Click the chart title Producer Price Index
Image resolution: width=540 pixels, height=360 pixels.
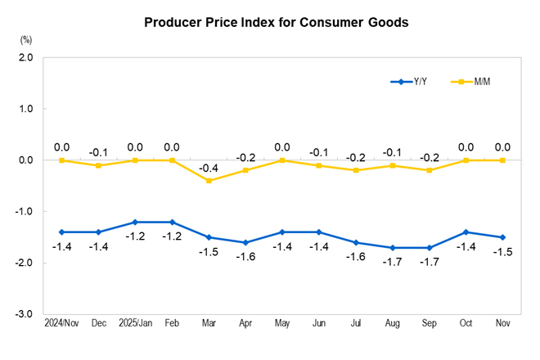coord(276,22)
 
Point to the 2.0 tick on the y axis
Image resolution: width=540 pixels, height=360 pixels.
coord(25,58)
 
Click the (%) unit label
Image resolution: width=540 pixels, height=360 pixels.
coord(26,39)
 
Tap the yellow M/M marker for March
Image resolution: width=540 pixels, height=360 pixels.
coord(209,181)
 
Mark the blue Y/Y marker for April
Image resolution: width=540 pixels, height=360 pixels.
coord(245,242)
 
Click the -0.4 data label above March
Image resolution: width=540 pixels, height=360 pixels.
coord(209,168)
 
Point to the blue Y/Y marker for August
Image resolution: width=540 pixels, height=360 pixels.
coord(393,248)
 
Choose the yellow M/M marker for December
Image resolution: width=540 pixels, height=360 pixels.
coord(98,165)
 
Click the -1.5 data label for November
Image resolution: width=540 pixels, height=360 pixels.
coord(502,250)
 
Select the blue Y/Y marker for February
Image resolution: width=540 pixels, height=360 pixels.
coord(172,222)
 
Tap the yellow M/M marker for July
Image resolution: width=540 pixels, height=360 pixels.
coord(356,170)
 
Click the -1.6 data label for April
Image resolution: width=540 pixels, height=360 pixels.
coord(245,256)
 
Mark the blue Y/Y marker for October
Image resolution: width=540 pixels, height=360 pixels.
coord(466,232)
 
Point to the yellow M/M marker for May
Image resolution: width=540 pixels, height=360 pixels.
coord(282,160)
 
